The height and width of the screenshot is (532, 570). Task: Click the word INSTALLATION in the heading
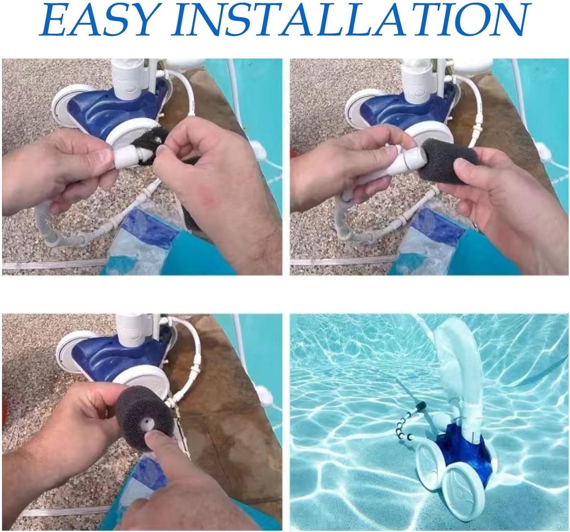[348, 20]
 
